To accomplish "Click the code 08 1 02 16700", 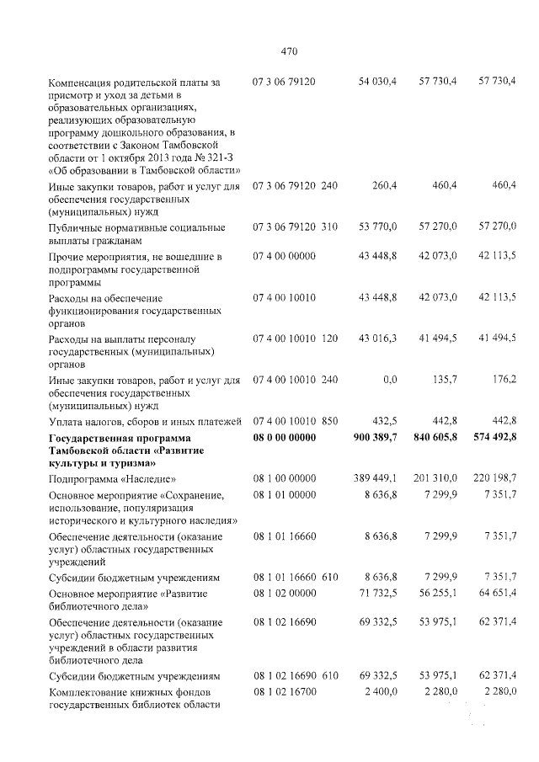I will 284,692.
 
